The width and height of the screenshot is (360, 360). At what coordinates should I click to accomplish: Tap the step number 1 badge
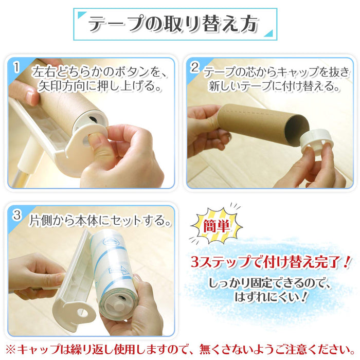(x=16, y=67)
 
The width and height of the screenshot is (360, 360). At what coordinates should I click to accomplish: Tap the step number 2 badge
(x=195, y=67)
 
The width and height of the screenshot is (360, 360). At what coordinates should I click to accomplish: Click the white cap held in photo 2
(x=318, y=141)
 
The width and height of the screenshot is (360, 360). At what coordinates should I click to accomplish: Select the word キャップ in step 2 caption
(x=292, y=70)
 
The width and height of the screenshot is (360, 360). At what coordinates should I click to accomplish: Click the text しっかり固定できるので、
(x=271, y=283)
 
